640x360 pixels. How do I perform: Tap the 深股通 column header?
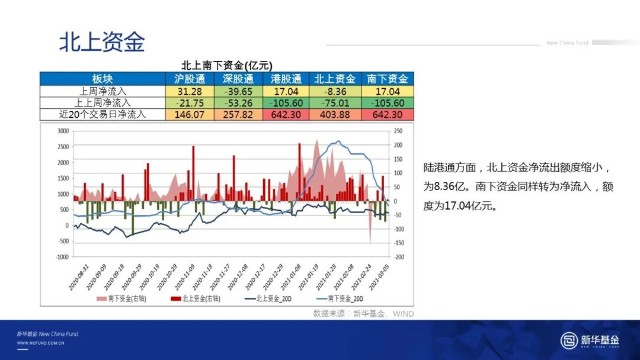pyautogui.click(x=239, y=78)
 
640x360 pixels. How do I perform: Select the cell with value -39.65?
pyautogui.click(x=239, y=90)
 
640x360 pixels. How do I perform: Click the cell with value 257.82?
pyautogui.click(x=239, y=114)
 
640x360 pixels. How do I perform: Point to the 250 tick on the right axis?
pyautogui.click(x=398, y=130)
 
